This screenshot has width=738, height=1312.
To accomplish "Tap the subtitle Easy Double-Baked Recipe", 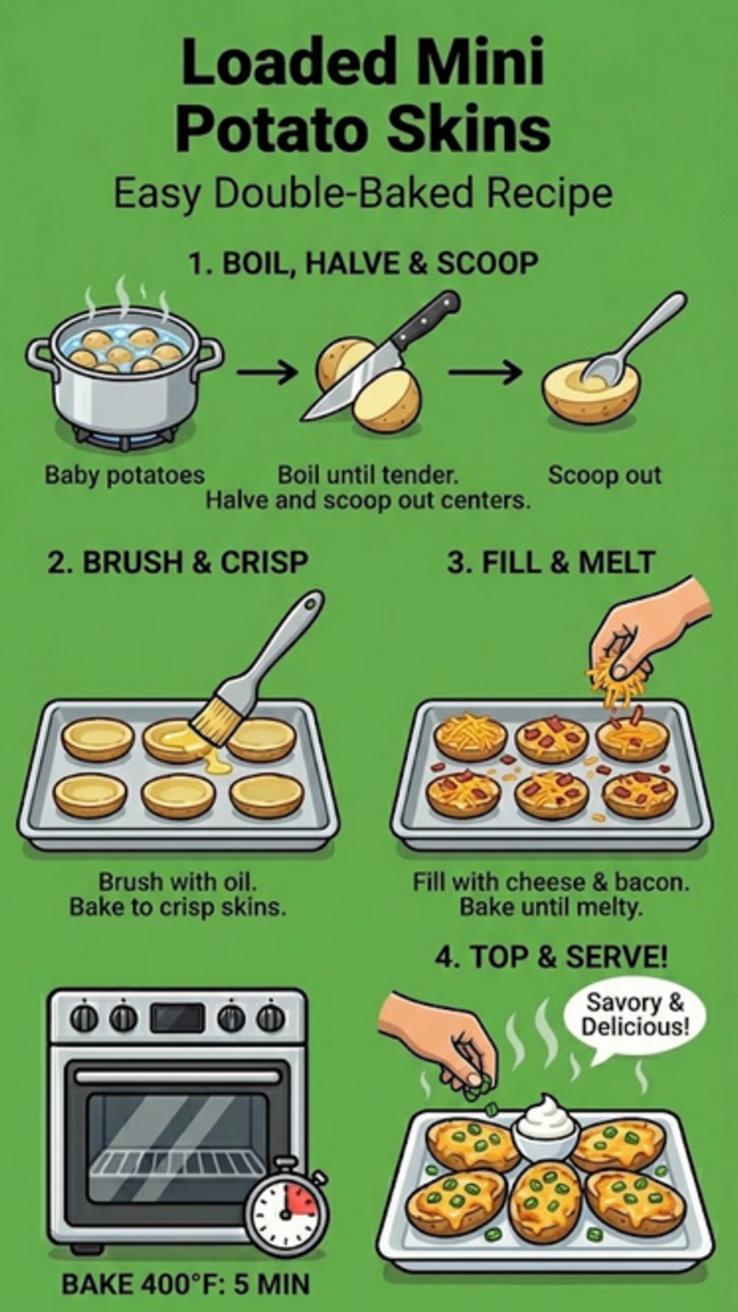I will click(362, 194).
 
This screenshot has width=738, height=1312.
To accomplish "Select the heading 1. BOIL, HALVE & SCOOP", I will click(363, 264).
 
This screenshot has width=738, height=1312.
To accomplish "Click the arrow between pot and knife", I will click(267, 372).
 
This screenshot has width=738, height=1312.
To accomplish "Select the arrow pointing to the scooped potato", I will click(484, 372).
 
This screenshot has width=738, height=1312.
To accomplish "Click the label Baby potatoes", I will click(124, 475).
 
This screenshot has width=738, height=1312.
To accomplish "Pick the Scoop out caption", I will click(604, 475).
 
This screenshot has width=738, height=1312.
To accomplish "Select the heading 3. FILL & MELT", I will click(551, 562).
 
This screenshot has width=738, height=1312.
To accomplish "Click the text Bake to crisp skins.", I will click(178, 907).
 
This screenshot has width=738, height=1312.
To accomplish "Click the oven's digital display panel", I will click(178, 1019).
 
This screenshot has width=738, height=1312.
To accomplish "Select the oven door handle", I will click(178, 1078).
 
